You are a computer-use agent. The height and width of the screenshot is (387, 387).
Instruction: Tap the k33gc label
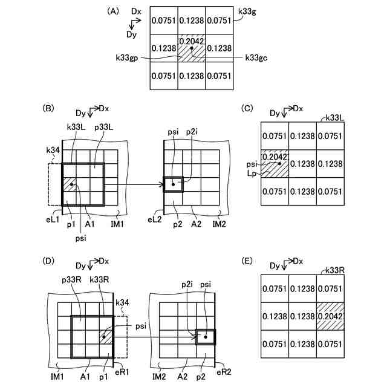pos(256,58)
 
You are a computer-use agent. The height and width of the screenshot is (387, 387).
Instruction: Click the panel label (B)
pos(50,109)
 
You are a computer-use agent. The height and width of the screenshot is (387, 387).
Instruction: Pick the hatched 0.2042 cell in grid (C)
pos(275,163)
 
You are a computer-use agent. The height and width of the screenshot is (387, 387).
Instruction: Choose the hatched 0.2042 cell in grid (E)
pos(331,315)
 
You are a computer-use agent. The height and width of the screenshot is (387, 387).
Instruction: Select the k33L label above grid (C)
pos(335,117)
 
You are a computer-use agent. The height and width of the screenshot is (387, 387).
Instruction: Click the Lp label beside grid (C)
pos(250,172)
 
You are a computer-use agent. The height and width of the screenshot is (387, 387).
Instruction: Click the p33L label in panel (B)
pos(103,129)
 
